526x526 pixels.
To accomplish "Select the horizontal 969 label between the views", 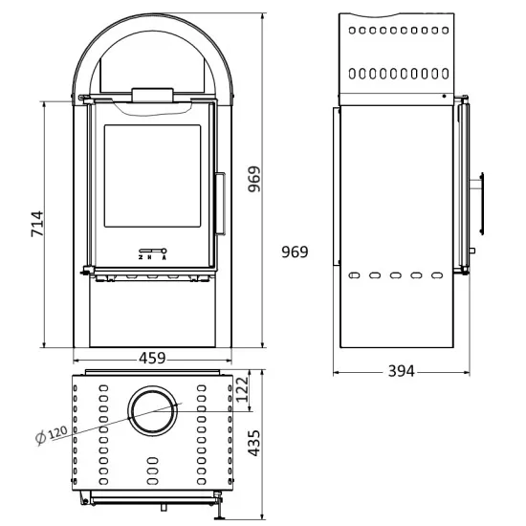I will (x=296, y=252).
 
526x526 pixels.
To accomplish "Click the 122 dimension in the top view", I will (x=242, y=386).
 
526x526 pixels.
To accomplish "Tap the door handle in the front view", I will (x=220, y=202).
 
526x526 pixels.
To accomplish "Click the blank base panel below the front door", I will (x=152, y=315).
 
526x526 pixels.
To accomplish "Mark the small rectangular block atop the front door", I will (x=152, y=93).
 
